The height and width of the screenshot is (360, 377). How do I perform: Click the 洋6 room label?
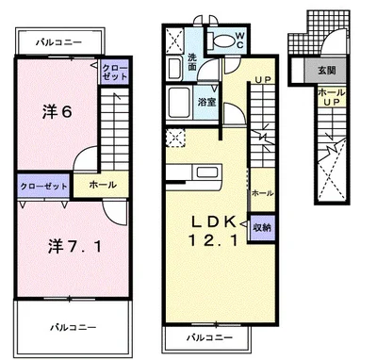pos(57,111)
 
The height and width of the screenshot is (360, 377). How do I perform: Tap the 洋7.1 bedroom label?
pos(74,246)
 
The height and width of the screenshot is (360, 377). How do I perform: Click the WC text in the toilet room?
pos(239,41)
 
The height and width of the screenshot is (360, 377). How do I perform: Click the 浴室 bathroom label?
pos(206,102)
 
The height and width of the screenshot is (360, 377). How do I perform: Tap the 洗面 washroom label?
pos(192,62)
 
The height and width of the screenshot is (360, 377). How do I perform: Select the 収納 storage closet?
pos(262,227)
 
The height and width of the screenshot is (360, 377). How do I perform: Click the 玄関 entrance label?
pos(327,71)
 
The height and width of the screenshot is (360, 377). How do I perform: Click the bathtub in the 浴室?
pos(179,103)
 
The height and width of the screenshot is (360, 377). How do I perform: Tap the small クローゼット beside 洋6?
pos(115,72)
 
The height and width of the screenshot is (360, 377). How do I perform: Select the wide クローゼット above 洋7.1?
pos(43,186)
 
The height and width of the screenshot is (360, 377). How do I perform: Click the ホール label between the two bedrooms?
pos(103,185)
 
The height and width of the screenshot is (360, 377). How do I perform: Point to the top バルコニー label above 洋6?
pos(58,42)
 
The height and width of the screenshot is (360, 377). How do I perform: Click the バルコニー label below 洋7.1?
pos(74,328)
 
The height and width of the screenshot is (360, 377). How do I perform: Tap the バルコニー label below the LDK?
pos(210,337)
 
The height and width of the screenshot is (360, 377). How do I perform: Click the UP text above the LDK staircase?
pos(263,80)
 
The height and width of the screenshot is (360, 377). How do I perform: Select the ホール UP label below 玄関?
pos(331,97)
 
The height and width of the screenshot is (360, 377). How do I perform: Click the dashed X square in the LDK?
pos(175,138)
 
